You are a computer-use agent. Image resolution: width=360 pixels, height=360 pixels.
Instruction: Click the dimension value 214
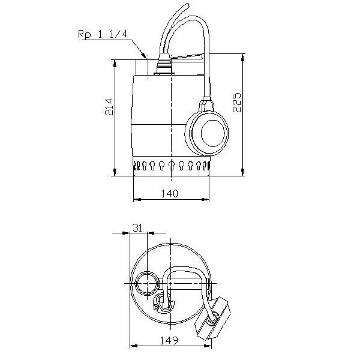[109, 107]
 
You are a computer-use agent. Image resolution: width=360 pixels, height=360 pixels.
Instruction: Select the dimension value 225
[237, 103]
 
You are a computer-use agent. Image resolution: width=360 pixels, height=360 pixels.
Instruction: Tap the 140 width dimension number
[169, 194]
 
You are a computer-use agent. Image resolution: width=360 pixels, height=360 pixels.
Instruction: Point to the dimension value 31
[137, 228]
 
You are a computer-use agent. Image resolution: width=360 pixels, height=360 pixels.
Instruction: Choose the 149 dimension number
[169, 340]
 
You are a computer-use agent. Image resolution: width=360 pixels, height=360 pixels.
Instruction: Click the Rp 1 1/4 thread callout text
[103, 34]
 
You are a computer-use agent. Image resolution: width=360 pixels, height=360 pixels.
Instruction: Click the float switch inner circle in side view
[212, 133]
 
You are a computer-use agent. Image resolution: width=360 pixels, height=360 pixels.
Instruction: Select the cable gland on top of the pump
[164, 64]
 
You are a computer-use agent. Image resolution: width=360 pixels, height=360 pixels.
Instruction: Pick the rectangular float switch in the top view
[212, 318]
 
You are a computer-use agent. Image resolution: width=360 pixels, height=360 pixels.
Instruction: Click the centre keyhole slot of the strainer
[171, 165]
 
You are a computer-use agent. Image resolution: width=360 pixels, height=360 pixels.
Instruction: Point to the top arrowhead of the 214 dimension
[115, 64]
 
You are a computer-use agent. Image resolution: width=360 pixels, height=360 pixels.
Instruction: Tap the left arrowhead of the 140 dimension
[137, 200]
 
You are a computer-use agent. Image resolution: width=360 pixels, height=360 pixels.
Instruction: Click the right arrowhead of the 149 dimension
[208, 346]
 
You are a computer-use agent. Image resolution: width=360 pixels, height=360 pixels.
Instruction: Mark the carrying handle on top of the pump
[187, 56]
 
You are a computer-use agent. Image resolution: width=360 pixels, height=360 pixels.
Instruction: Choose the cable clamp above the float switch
[206, 104]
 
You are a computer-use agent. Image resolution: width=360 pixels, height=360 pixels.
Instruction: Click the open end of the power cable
[188, 5]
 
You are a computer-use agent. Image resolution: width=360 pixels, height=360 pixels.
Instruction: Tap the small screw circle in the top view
[157, 307]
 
